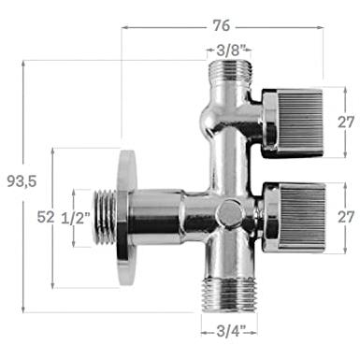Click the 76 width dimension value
222,25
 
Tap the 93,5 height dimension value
22,181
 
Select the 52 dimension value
46,217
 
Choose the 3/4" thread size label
231,331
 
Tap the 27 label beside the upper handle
346,122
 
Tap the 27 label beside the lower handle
346,217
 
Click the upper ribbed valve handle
292,122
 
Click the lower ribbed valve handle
295,217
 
